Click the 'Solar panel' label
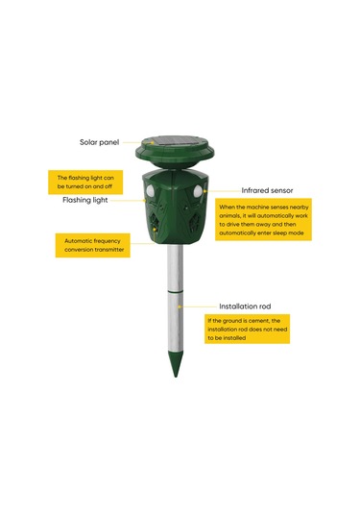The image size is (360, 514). pos(99,142)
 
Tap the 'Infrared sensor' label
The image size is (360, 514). pos(267,190)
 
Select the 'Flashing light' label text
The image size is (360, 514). pos(85,200)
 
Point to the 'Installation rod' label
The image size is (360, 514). pos(245,306)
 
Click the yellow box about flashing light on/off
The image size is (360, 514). pos(85,183)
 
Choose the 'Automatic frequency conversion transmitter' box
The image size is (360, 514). pos(93,245)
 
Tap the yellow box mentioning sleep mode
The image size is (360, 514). pos(263,219)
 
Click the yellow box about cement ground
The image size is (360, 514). pos(248,329)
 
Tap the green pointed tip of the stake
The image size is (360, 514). pos(176,363)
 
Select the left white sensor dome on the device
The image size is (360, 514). pos(150,190)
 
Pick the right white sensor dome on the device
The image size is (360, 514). pos(198,191)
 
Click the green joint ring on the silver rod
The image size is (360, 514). pos(176,291)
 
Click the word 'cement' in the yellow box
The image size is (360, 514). pos(259,321)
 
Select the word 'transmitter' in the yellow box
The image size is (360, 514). pos(108,250)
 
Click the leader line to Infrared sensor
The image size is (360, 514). pos(223,191)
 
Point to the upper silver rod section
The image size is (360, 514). pos(176,267)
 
